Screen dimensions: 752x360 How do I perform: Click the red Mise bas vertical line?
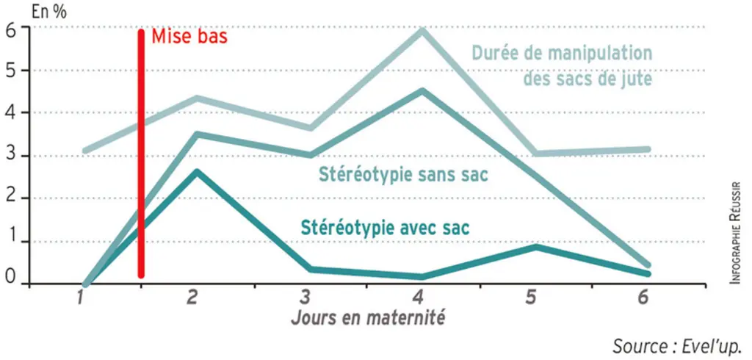(141, 154)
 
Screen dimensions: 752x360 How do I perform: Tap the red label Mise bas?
(189, 37)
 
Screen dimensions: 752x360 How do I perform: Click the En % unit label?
(49, 12)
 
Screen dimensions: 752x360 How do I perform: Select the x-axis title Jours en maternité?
(367, 318)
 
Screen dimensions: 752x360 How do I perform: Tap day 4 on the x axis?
(417, 298)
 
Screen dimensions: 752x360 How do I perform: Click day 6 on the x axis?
(643, 298)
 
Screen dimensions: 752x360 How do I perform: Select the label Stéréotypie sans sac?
(403, 175)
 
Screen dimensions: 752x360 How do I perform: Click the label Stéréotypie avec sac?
(385, 228)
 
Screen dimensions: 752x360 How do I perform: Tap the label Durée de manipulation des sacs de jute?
(562, 65)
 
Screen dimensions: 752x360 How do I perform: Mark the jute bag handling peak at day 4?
(422, 30)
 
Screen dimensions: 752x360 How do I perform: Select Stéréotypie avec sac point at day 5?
(535, 247)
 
